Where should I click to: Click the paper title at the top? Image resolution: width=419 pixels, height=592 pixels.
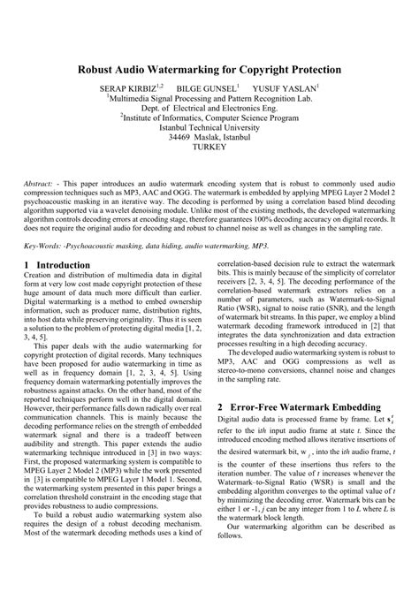(209, 68)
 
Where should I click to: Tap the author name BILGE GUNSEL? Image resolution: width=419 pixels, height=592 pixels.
(209, 88)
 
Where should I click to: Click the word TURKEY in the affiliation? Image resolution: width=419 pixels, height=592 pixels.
(209, 150)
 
